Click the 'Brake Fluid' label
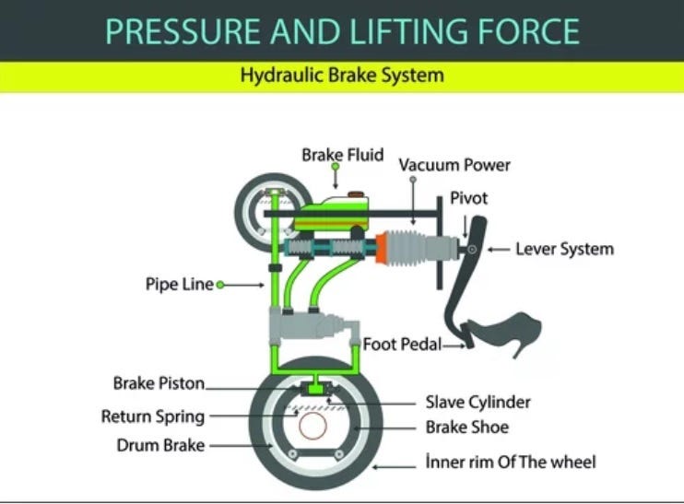pos(342,155)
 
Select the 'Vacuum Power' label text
pos(454,165)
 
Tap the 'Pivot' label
pos(468,198)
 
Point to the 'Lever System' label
pos(564,249)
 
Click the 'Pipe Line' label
pos(179,284)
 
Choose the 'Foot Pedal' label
pos(401,345)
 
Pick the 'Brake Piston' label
pos(159,382)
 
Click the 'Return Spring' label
pos(152,416)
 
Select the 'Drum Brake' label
pos(159,446)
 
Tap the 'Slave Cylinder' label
pos(478,402)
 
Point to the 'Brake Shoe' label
pos(466,428)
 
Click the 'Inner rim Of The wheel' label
pos(510,461)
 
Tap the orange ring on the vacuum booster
pos(379,247)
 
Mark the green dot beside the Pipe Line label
pos(220,285)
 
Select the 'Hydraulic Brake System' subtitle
pos(341,76)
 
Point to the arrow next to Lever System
pos(497,250)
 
